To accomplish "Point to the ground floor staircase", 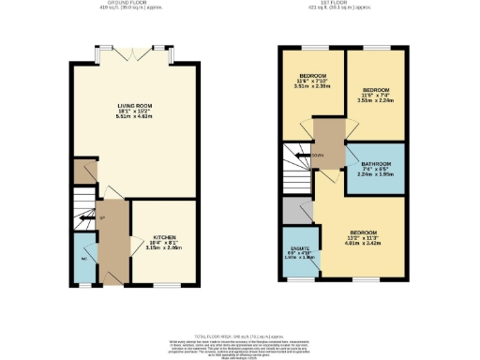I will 84,220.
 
